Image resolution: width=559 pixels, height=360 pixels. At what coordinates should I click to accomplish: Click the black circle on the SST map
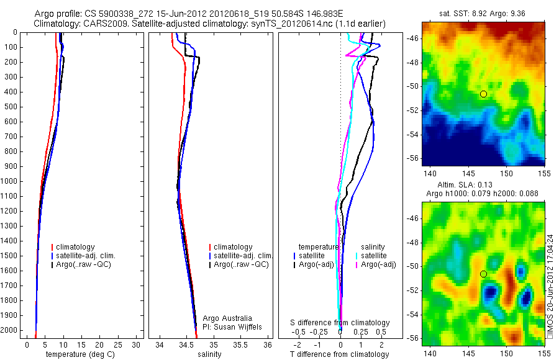tap(483, 94)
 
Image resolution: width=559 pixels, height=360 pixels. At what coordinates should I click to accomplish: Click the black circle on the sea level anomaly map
tap(483, 274)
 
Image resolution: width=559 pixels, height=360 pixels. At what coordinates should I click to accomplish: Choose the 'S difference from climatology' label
tap(340, 323)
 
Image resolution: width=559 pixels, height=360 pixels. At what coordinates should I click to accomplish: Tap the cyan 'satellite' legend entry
tap(373, 256)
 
